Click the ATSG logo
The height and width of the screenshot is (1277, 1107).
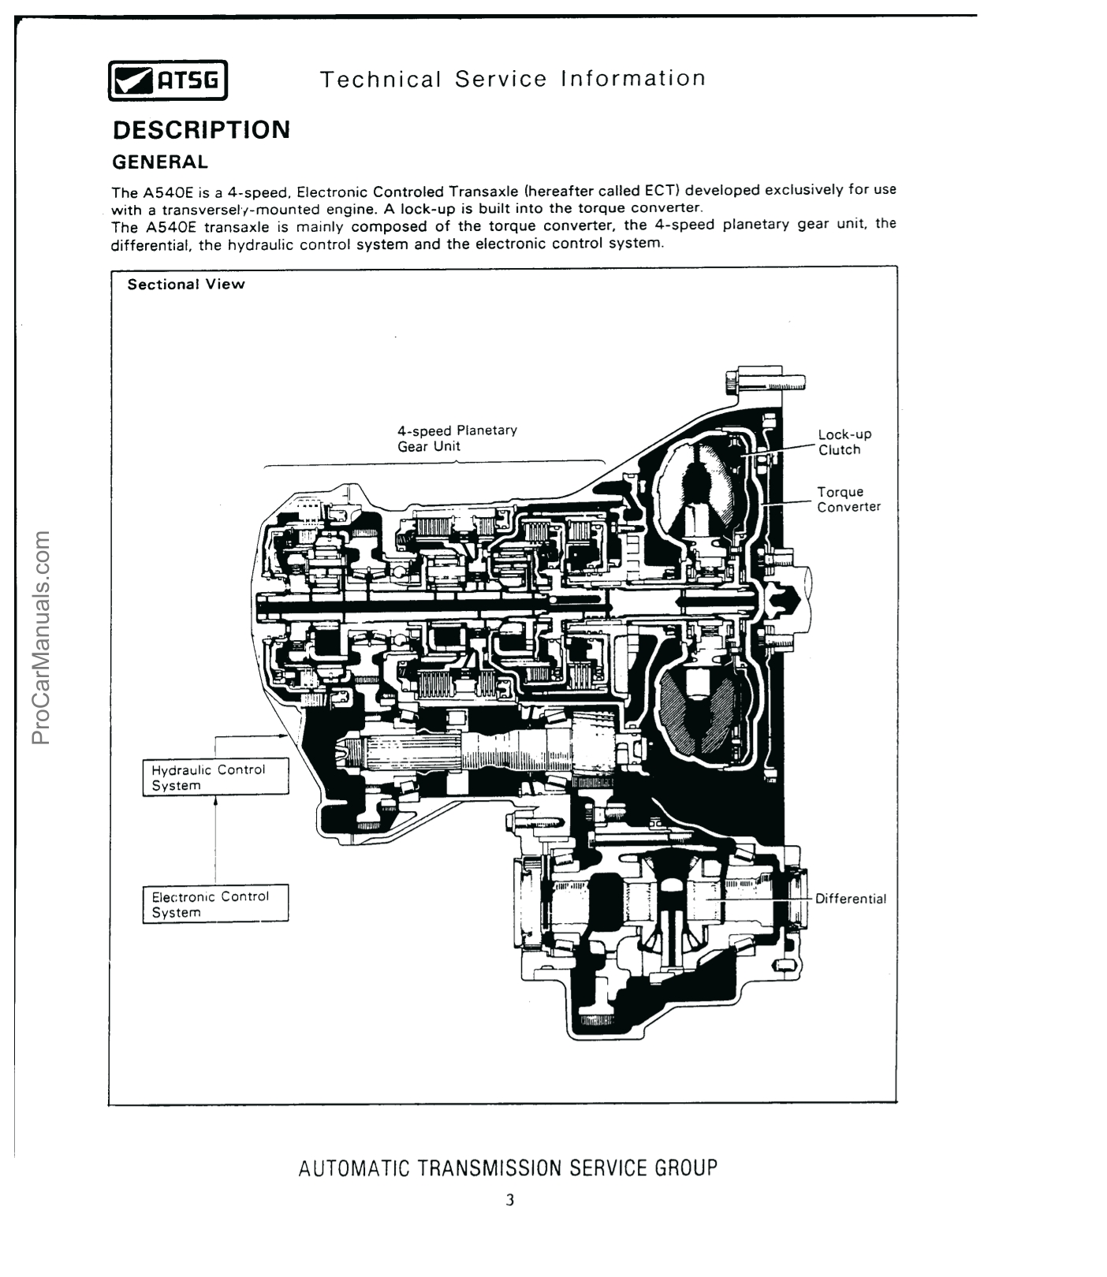point(167,80)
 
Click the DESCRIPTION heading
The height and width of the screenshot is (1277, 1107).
point(201,130)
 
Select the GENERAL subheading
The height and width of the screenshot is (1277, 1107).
point(160,162)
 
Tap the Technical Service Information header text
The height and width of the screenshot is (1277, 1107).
point(512,79)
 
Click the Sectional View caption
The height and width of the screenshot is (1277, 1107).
point(186,285)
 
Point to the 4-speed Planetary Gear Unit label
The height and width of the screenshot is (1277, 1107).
point(457,438)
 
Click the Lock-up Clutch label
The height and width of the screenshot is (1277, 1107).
point(844,442)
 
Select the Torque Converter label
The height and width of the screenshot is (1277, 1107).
point(848,500)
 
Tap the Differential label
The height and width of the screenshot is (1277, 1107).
point(850,899)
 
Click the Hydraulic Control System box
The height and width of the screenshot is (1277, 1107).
point(215,777)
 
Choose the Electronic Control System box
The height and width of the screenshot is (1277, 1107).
point(215,904)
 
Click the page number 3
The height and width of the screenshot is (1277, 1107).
point(510,1201)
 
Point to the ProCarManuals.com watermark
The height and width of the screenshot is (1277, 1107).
point(42,638)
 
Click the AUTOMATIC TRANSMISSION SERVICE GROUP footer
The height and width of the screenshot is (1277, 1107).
point(508,1168)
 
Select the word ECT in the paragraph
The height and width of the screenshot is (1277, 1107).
point(657,191)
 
